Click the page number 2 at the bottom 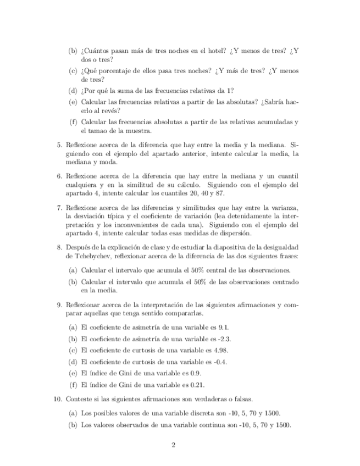tap(173, 445)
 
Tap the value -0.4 tap(219, 362)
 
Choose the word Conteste tap(80, 399)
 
